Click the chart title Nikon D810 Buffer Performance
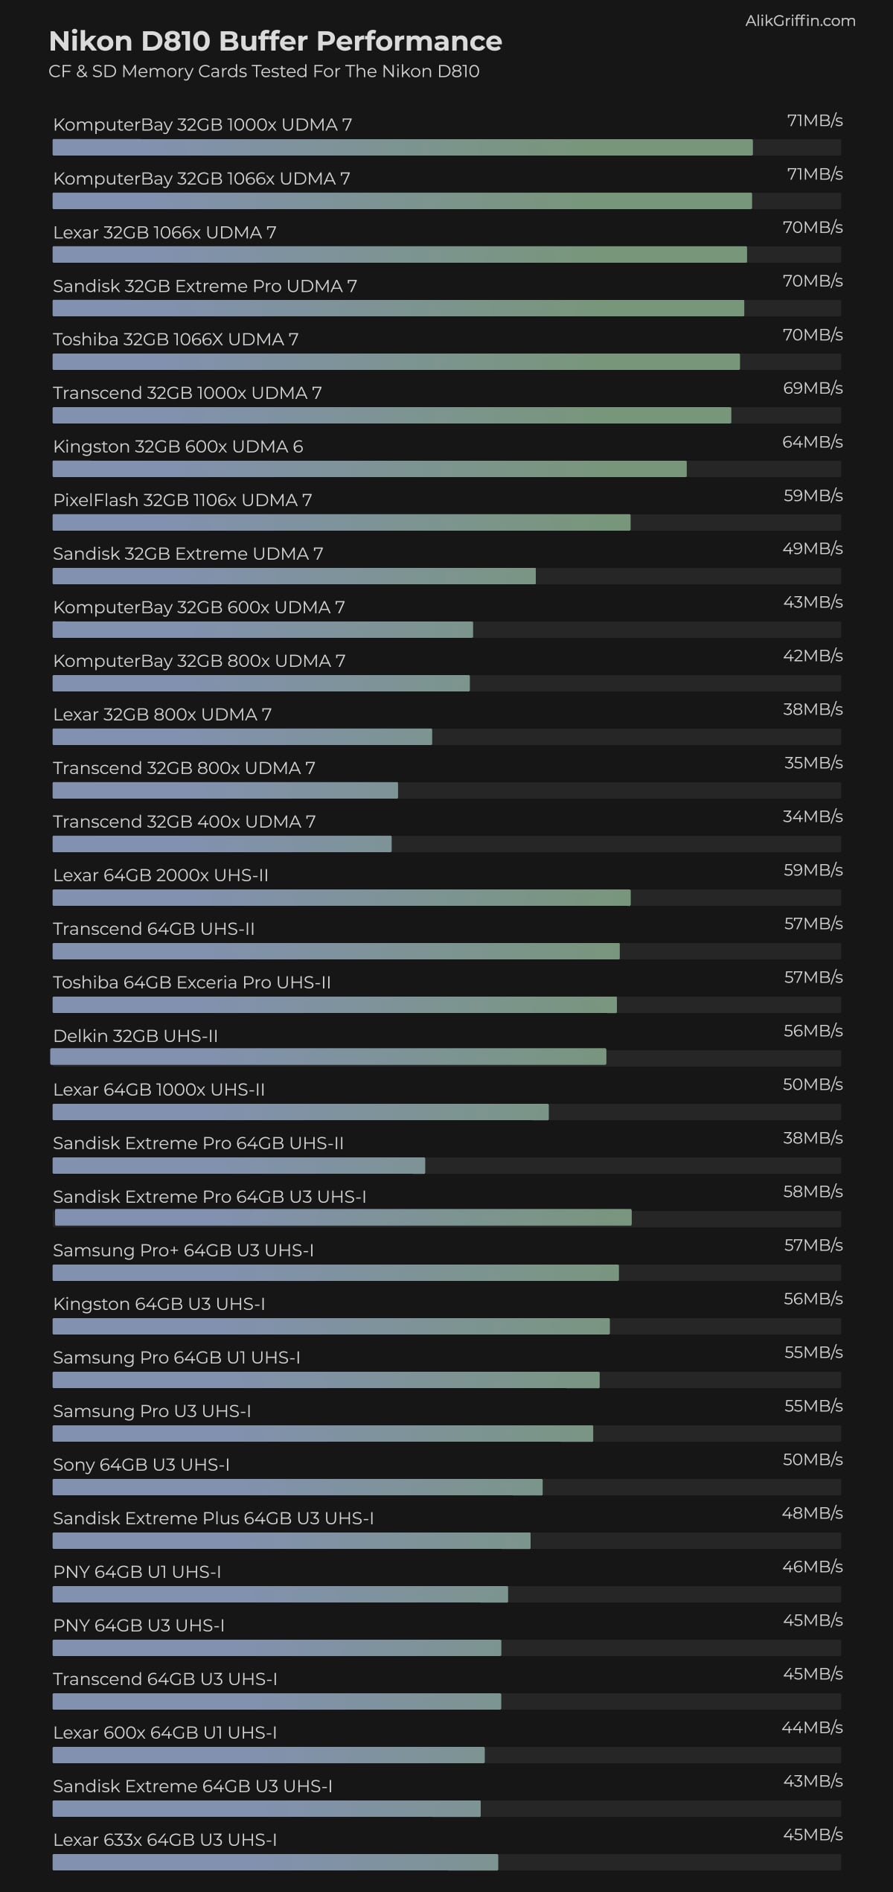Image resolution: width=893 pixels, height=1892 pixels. (x=275, y=41)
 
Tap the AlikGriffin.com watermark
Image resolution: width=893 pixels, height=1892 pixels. (x=800, y=21)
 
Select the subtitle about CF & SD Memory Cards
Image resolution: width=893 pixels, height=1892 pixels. (x=263, y=71)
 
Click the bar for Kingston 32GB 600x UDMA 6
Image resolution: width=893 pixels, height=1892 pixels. (x=369, y=469)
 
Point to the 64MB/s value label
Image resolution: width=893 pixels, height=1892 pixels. (x=812, y=442)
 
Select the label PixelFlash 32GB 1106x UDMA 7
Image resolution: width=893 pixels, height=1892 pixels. (x=182, y=500)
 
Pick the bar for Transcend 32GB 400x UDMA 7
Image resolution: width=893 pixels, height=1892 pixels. (x=222, y=844)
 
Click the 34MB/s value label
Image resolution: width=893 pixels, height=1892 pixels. (x=812, y=816)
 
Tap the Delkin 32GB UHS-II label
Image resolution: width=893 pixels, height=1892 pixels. (x=135, y=1036)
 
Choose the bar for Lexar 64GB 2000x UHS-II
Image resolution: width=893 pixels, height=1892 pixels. (x=341, y=898)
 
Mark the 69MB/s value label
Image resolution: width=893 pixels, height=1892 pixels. (x=812, y=389)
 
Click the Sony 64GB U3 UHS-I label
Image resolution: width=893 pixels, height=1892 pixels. (x=141, y=1465)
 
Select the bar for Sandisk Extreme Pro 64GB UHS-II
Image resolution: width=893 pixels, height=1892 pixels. (x=238, y=1166)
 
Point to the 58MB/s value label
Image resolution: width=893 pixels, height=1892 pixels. (x=812, y=1192)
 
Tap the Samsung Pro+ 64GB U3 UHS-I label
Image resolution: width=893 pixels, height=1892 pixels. (x=183, y=1250)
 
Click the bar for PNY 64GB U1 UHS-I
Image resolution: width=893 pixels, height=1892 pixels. (x=280, y=1594)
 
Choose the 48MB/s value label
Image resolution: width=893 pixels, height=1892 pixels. (x=812, y=1513)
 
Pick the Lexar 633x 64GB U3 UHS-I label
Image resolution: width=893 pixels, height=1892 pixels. (x=164, y=1840)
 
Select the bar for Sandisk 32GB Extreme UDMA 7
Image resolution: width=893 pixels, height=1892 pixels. (x=294, y=576)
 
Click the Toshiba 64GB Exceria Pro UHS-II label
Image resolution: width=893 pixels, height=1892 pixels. (x=191, y=982)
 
